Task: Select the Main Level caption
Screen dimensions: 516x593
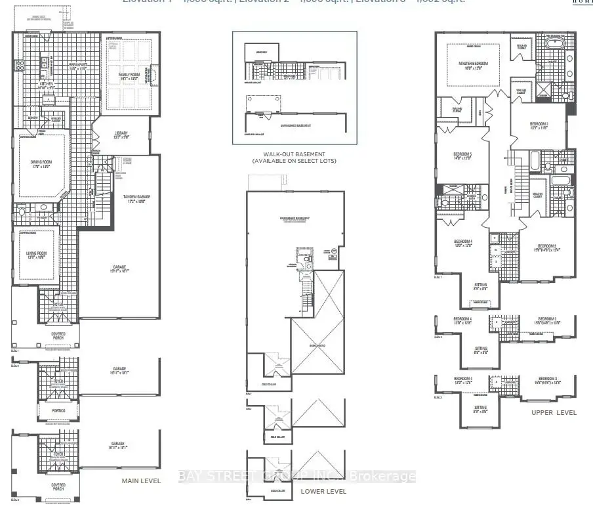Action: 141,481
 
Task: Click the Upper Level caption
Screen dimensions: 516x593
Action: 554,412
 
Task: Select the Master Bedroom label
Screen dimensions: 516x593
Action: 475,64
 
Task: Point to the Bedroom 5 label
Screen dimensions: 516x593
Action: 462,156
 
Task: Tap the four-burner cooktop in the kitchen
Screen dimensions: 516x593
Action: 19,65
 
